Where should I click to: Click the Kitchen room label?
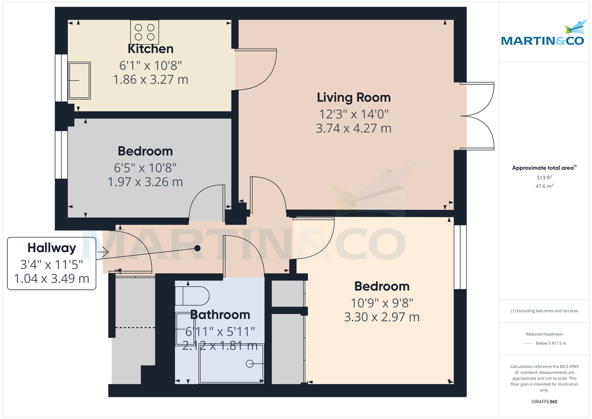coord(150,49)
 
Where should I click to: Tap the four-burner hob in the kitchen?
coord(145,32)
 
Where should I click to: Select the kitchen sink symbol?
coord(79,79)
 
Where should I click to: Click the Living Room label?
coord(354,97)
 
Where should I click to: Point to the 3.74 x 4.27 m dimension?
coord(354,129)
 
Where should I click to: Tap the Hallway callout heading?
coord(52,248)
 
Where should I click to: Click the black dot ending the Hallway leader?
coord(197,248)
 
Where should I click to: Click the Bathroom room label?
coord(220,314)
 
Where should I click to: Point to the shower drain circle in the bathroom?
coord(250,364)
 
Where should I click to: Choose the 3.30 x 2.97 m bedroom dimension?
coord(382,317)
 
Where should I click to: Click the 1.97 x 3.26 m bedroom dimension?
coord(145,182)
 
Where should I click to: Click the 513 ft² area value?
coord(544,178)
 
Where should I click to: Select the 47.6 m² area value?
coord(544,186)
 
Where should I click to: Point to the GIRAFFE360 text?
coord(544,402)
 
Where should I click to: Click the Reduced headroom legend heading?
coord(544,334)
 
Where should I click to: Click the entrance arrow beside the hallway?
coord(103,252)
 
